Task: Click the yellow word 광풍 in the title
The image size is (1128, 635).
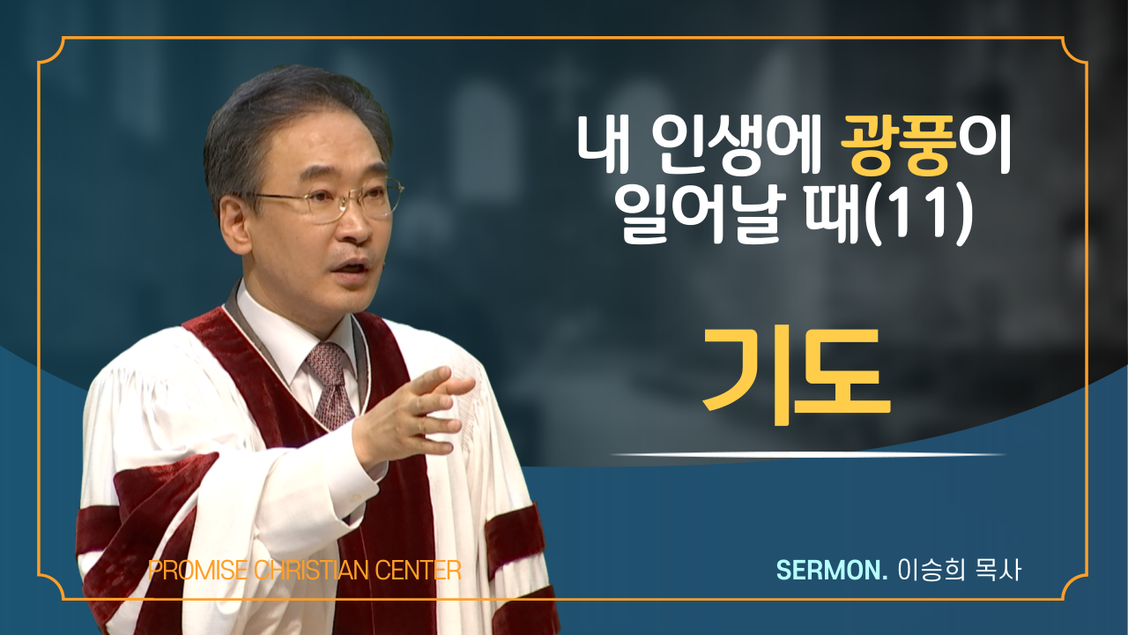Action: [899, 146]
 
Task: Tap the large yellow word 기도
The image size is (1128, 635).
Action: [797, 376]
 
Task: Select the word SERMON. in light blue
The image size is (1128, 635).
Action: [832, 570]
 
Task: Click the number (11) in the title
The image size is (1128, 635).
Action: [921, 214]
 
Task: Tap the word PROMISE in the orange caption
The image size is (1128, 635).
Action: [198, 571]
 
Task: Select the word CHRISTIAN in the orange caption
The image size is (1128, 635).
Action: [312, 571]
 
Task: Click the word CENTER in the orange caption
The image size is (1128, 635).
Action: [419, 571]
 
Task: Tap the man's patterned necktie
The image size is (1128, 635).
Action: [330, 384]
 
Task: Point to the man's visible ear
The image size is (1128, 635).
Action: [234, 225]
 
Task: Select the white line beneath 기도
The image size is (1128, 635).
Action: [807, 454]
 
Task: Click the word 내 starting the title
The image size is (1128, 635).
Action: [604, 146]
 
